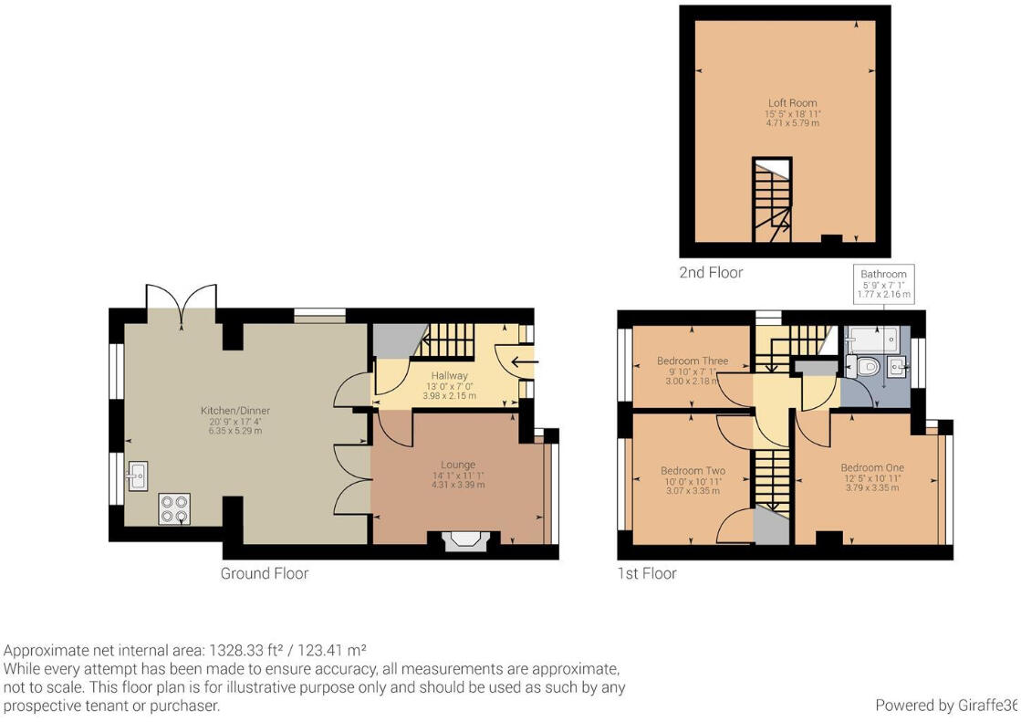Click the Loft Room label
click(792, 103)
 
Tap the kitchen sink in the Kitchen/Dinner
click(140, 475)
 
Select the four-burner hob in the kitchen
click(174, 508)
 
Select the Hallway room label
click(450, 375)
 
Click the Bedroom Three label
click(693, 361)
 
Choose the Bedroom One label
click(872, 468)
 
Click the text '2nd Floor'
click(711, 272)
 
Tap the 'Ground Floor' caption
click(265, 573)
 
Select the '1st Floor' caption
click(647, 573)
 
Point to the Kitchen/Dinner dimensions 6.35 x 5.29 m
click(235, 431)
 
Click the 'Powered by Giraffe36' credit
click(945, 705)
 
